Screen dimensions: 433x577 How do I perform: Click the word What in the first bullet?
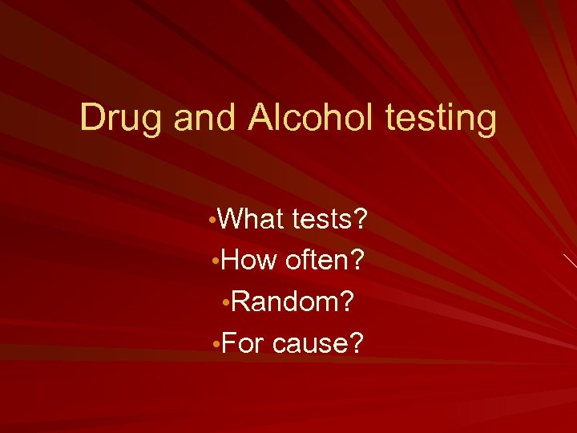(x=247, y=218)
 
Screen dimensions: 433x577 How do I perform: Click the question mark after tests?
(x=361, y=218)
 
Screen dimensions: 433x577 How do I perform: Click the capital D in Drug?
(x=95, y=118)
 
